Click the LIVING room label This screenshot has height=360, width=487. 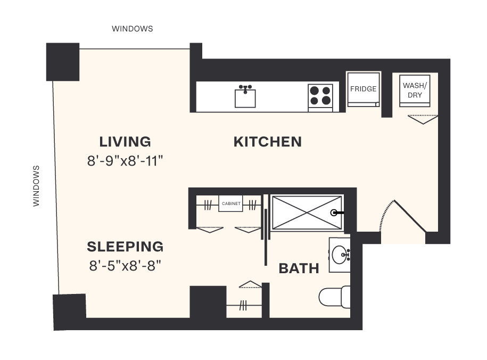(x=125, y=142)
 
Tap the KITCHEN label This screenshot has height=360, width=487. (x=268, y=142)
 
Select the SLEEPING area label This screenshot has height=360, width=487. (x=125, y=247)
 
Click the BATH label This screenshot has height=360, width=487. (x=299, y=268)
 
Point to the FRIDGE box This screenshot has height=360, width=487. (x=363, y=89)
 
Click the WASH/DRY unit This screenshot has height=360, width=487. (x=415, y=90)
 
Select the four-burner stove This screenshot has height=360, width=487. (x=320, y=96)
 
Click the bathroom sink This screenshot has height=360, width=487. (x=339, y=255)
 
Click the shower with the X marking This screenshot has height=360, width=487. (x=306, y=212)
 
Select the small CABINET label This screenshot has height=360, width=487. (x=230, y=203)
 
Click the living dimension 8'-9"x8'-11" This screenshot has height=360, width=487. (x=125, y=160)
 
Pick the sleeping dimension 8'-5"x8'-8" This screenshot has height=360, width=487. (x=125, y=265)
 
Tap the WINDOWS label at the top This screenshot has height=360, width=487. (x=132, y=29)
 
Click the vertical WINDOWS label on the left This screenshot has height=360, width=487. (x=36, y=186)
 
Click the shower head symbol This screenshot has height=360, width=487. (x=335, y=212)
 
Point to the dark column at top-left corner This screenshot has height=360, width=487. (x=63, y=61)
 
